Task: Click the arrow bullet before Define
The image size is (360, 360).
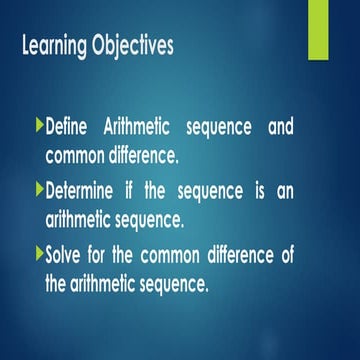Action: point(39,128)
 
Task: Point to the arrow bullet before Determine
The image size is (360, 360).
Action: point(39,190)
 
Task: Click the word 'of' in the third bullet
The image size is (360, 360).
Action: point(313,254)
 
